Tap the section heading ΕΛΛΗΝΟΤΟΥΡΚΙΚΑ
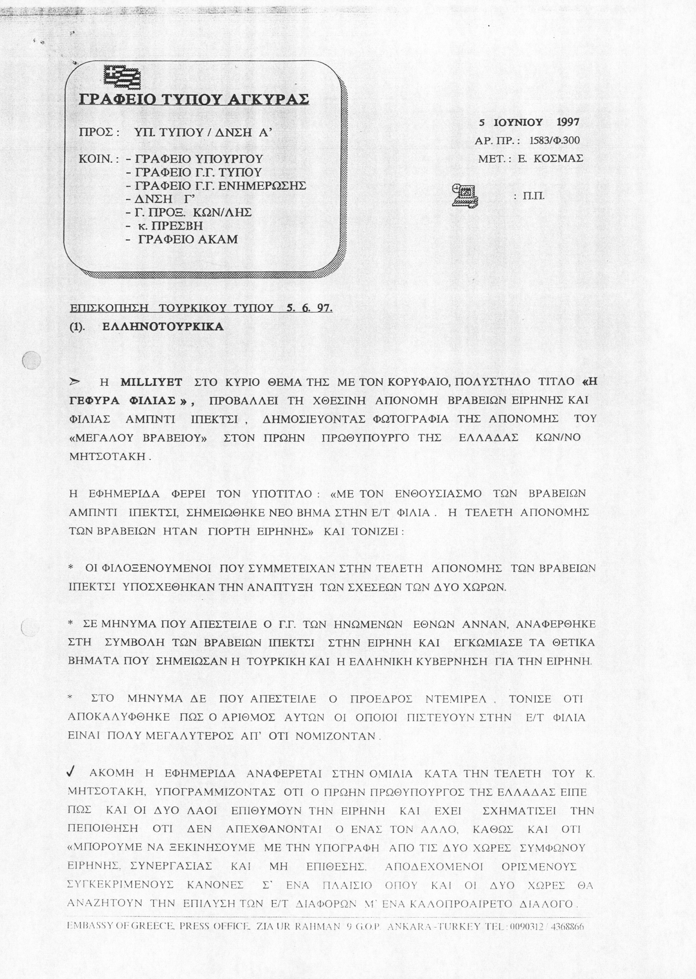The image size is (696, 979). tap(163, 327)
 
